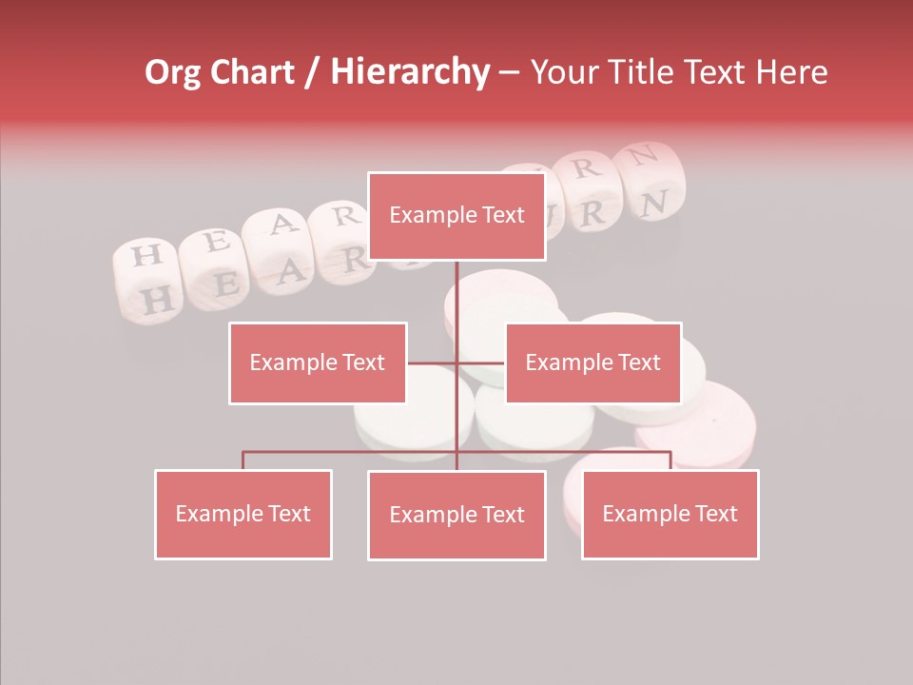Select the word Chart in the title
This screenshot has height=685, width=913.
(x=253, y=72)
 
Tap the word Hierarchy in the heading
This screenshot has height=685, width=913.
(x=410, y=72)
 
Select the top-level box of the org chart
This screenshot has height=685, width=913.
(x=456, y=216)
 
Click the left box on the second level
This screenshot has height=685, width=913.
(x=318, y=362)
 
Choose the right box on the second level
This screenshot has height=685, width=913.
(x=592, y=362)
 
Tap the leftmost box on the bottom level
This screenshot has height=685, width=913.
(x=243, y=514)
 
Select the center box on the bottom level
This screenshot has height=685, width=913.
(x=456, y=515)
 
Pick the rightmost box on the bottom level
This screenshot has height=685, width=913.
(x=670, y=514)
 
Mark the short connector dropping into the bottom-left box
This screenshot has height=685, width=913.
(x=243, y=460)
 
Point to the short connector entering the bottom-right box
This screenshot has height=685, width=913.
(x=670, y=460)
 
